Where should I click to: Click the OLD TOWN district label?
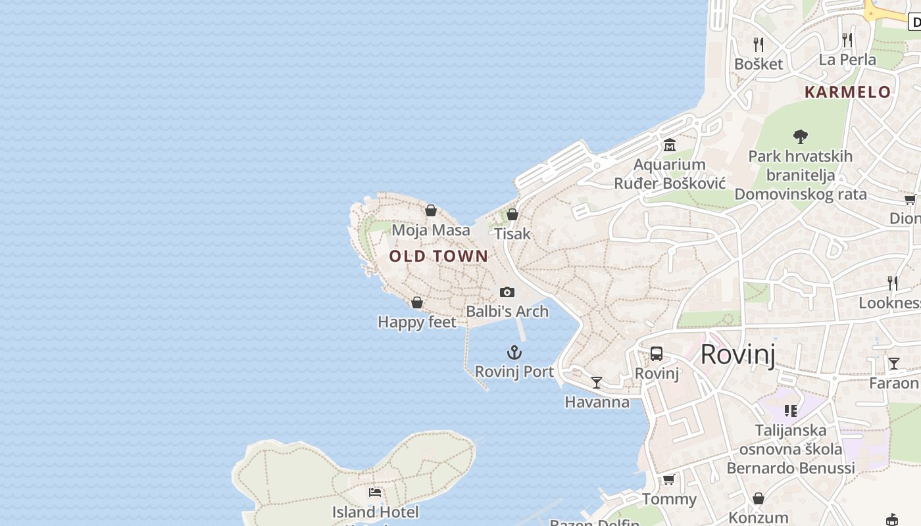[439, 256]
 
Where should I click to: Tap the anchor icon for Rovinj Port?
[514, 352]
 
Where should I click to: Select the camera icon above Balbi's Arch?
[507, 292]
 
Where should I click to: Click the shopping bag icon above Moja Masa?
[431, 210]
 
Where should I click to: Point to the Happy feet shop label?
[416, 322]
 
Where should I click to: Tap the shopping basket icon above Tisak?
[512, 214]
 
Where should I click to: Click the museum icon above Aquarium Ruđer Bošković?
[670, 145]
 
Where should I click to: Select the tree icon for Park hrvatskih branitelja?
[800, 137]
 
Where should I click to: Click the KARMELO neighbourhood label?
[848, 92]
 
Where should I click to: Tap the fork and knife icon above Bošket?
[759, 44]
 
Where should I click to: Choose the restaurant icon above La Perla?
[847, 40]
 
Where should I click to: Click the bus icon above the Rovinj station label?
[657, 354]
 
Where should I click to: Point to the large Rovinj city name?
[737, 354]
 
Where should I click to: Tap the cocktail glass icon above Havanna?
[597, 382]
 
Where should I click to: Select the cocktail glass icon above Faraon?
[893, 363]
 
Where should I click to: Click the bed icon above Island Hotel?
[375, 492]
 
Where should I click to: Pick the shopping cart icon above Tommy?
[669, 479]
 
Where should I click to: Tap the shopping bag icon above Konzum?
[759, 498]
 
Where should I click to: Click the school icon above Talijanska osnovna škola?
[791, 411]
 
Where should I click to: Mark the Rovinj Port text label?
[514, 371]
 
